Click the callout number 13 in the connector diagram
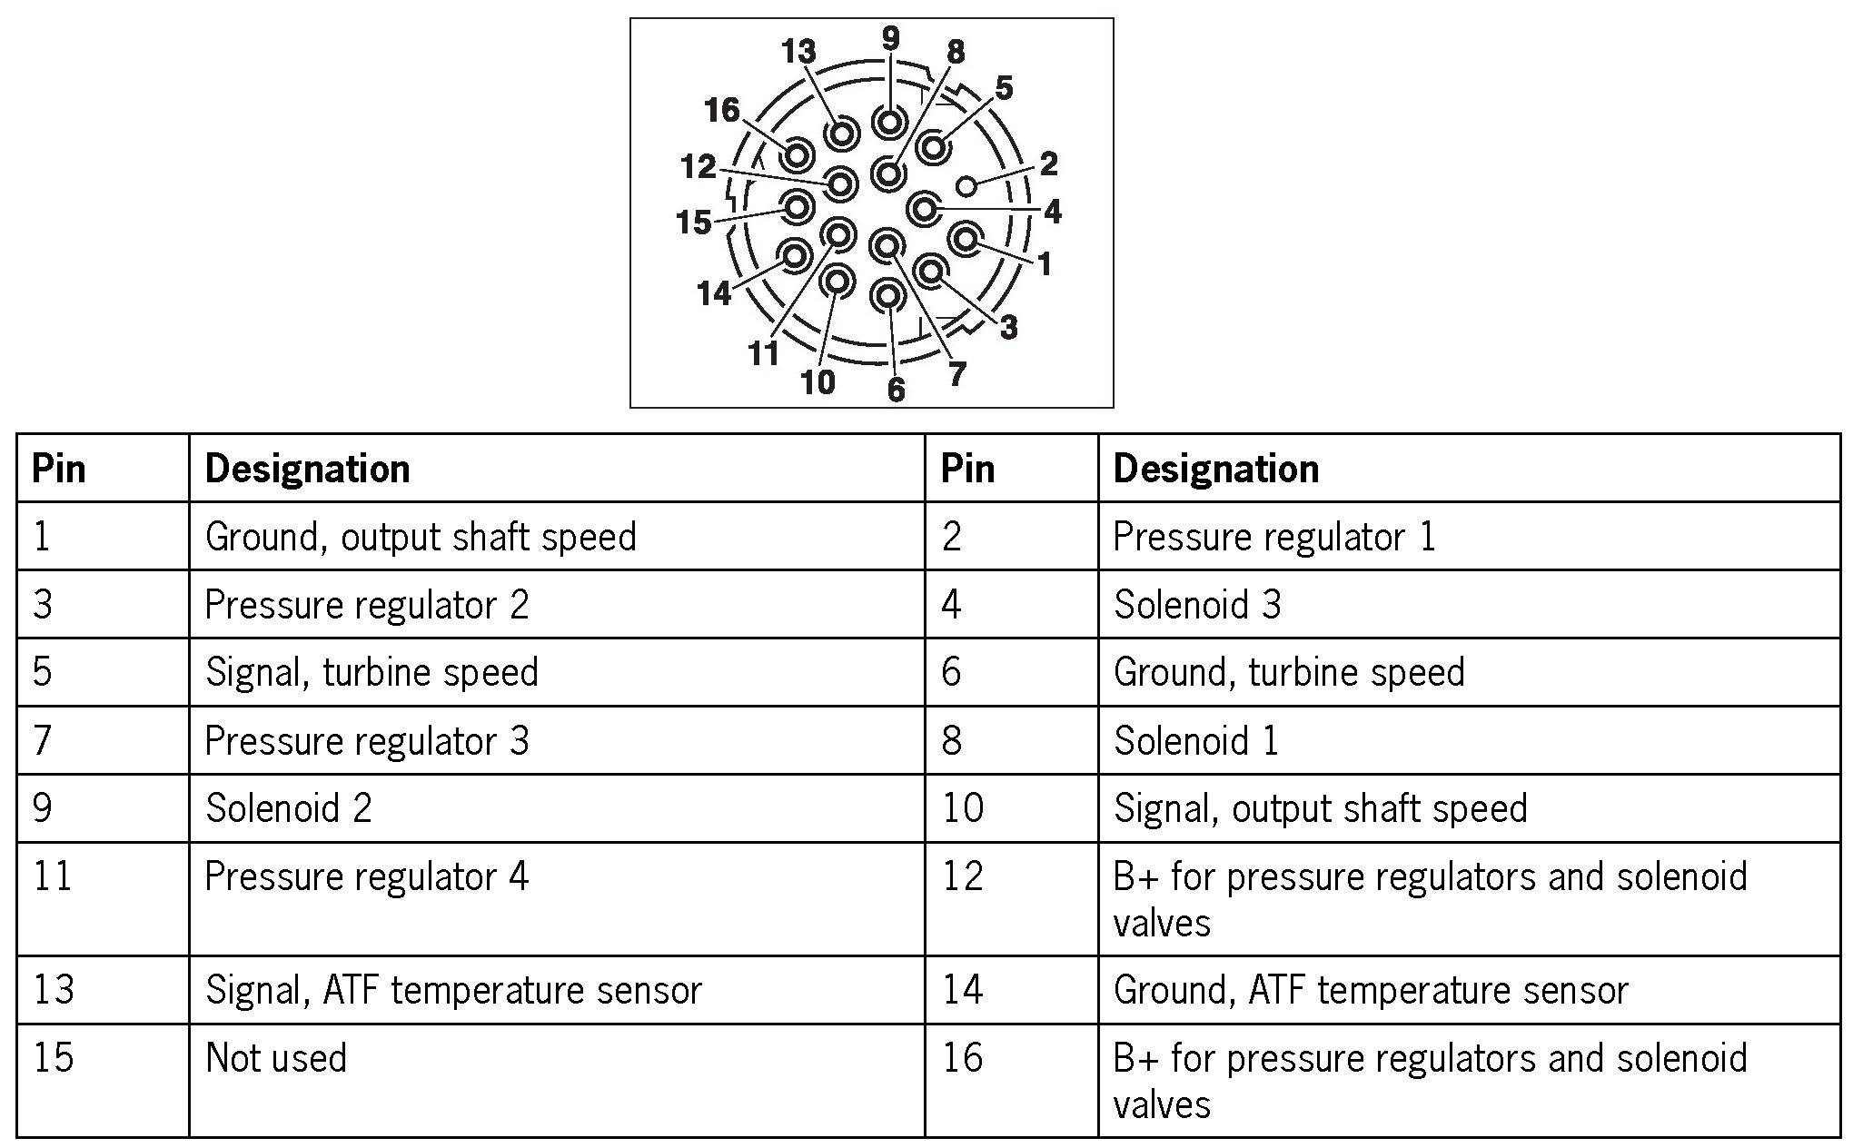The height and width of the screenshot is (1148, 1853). pyautogui.click(x=798, y=52)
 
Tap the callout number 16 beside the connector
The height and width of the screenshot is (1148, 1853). pyautogui.click(x=722, y=111)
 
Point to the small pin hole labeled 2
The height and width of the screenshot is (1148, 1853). pyautogui.click(x=967, y=186)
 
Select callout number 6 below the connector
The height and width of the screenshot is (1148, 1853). pyautogui.click(x=896, y=389)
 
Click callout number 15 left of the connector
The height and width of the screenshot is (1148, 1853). pyautogui.click(x=694, y=222)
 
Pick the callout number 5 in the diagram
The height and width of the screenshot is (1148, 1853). pyautogui.click(x=1003, y=88)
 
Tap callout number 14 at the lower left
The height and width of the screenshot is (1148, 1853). pyautogui.click(x=714, y=292)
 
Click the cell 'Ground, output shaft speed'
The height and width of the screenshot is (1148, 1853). pyautogui.click(x=421, y=537)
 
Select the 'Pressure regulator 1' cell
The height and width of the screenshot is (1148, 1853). pyautogui.click(x=1273, y=537)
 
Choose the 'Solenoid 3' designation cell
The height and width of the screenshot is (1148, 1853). pyautogui.click(x=1197, y=605)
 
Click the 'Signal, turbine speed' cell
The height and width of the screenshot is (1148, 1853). pyautogui.click(x=372, y=672)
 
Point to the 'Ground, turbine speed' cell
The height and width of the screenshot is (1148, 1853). pyautogui.click(x=1289, y=672)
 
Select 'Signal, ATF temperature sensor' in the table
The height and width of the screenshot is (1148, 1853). pyautogui.click(x=453, y=990)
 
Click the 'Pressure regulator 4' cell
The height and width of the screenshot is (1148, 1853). pyautogui.click(x=366, y=876)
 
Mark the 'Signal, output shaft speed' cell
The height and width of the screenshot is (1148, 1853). pyautogui.click(x=1320, y=808)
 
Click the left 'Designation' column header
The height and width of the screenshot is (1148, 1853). pyautogui.click(x=307, y=469)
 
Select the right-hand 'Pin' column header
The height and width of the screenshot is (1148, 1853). pyautogui.click(x=967, y=469)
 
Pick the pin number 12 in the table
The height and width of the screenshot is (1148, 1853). pyautogui.click(x=963, y=876)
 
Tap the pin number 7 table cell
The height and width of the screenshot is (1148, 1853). pyautogui.click(x=42, y=740)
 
